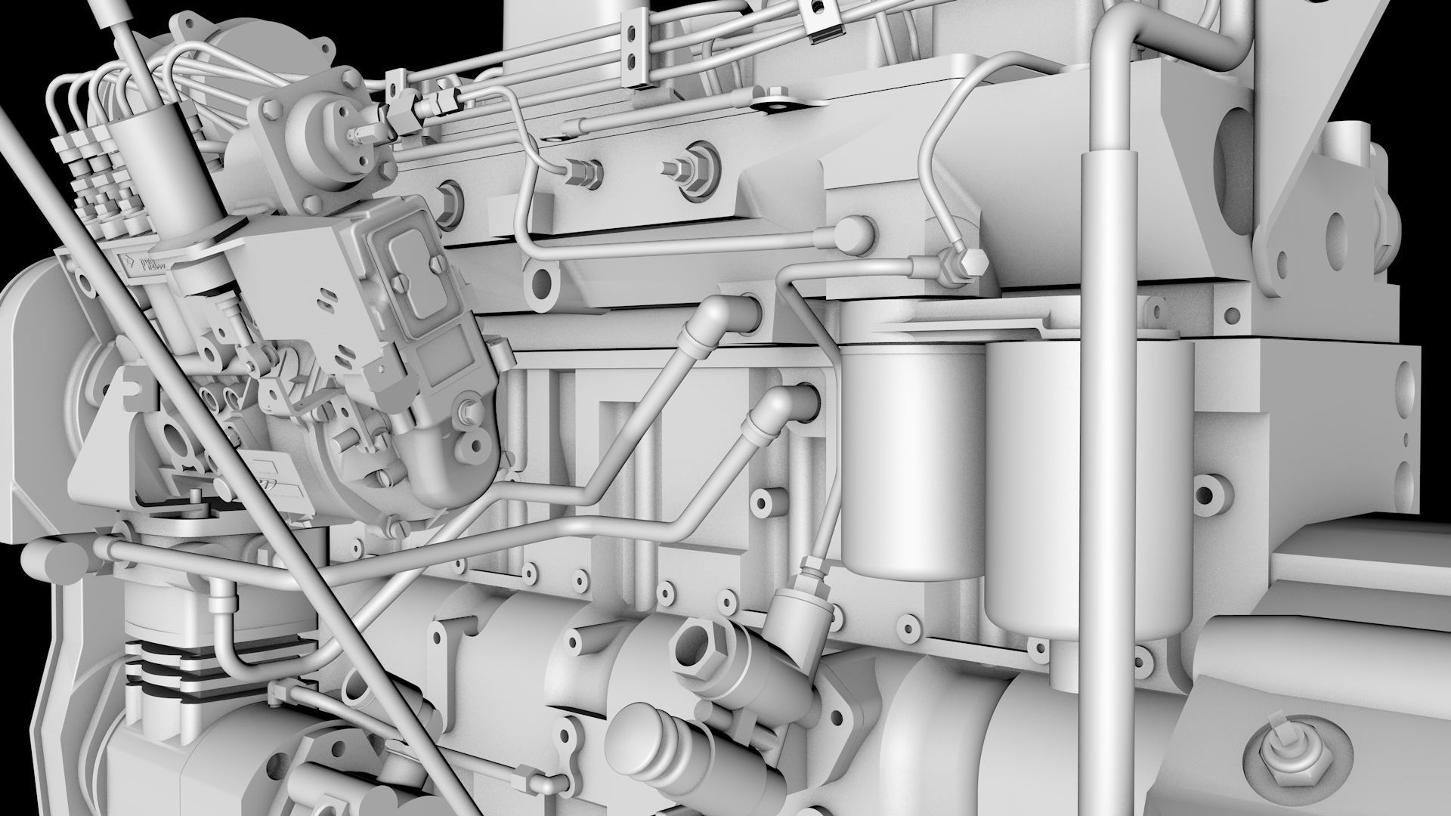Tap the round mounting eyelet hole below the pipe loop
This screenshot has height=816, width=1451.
pos(542,283)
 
